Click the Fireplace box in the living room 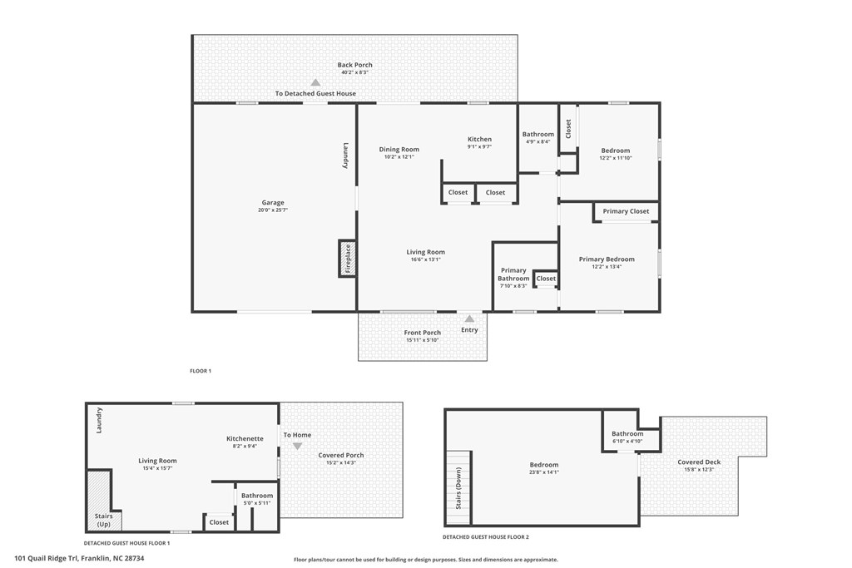tap(347, 258)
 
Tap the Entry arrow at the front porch tap(469, 319)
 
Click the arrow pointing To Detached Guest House tap(315, 82)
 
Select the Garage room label tap(273, 203)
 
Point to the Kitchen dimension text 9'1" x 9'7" tap(479, 147)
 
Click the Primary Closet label tap(627, 211)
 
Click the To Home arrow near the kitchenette tap(297, 447)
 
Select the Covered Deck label tap(699, 462)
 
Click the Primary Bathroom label tap(513, 274)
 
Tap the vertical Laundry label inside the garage tap(345, 156)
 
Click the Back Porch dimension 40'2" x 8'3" tap(355, 72)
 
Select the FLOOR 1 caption tap(201, 371)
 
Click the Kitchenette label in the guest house tap(245, 438)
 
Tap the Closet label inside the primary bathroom tap(546, 279)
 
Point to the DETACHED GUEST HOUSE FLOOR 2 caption tap(487, 537)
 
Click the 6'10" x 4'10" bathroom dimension tap(627, 441)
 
